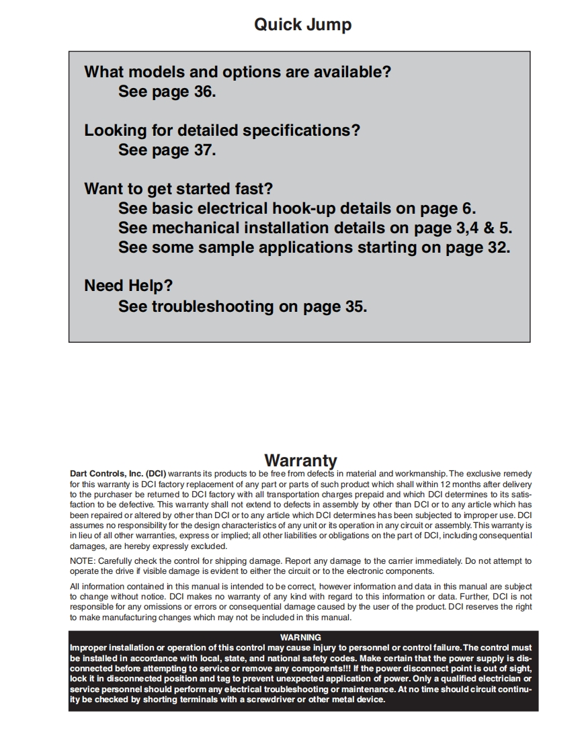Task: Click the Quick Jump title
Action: pyautogui.click(x=302, y=25)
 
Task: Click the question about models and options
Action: pyautogui.click(x=237, y=72)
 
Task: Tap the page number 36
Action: pyautogui.click(x=202, y=91)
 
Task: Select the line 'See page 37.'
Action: pyautogui.click(x=167, y=150)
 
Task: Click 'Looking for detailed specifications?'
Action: pyautogui.click(x=222, y=130)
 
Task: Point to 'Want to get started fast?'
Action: pyautogui.click(x=178, y=189)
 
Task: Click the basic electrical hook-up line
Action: pyautogui.click(x=297, y=208)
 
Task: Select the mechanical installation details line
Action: pyautogui.click(x=315, y=228)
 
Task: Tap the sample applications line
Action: pyautogui.click(x=314, y=247)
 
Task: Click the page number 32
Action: pyautogui.click(x=494, y=247)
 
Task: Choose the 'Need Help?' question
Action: pyautogui.click(x=128, y=286)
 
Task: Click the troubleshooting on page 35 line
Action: pyautogui.click(x=243, y=306)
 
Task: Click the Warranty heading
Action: pyautogui.click(x=300, y=460)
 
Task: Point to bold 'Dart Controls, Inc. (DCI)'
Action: pyautogui.click(x=118, y=474)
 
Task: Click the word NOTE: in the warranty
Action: pyautogui.click(x=83, y=560)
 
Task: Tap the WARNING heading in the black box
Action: pyautogui.click(x=300, y=637)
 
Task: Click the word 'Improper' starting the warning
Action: pyautogui.click(x=88, y=647)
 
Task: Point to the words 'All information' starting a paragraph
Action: pyautogui.click(x=95, y=586)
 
